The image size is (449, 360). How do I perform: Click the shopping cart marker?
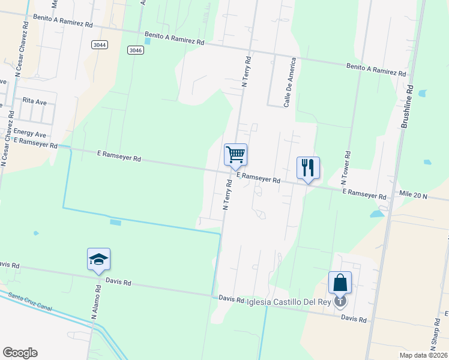click(235, 155)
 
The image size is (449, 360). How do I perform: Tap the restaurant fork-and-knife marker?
click(308, 168)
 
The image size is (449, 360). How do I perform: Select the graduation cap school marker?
click(98, 259)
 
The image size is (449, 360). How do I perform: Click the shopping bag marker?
click(340, 283)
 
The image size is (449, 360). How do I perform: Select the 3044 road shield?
click(100, 45)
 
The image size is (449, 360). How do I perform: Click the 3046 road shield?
click(136, 50)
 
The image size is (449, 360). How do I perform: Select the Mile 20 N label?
click(413, 196)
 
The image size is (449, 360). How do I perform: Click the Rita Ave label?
click(34, 102)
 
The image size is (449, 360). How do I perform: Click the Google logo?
click(20, 353)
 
